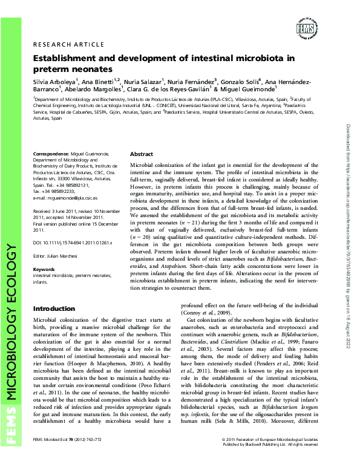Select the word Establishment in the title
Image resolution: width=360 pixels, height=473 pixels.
(67, 59)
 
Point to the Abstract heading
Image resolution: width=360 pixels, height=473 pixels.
(142, 154)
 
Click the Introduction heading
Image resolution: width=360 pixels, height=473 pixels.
(54, 308)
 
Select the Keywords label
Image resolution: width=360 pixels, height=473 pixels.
(44, 269)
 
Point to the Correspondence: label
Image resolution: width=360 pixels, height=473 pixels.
(53, 154)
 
